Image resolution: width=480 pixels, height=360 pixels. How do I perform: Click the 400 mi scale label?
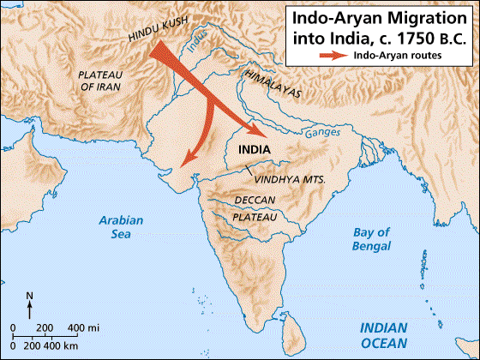click(84, 328)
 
